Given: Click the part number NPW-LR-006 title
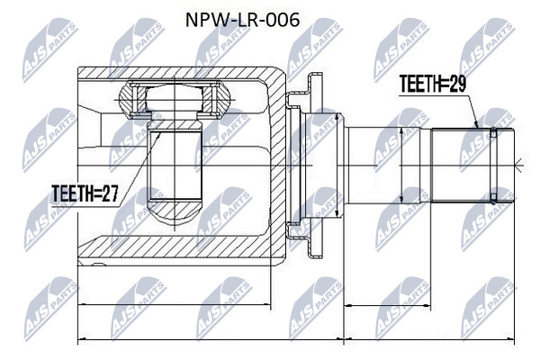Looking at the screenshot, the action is [x=242, y=20].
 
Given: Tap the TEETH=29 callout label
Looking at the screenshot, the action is [x=433, y=84].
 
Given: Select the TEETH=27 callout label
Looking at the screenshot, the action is [x=85, y=193].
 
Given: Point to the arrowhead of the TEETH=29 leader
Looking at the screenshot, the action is [x=476, y=125].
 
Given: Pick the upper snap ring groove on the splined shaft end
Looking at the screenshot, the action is [x=494, y=132].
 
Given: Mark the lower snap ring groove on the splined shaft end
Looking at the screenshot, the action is [x=494, y=198].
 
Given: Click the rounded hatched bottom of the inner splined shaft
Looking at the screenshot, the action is [x=175, y=211].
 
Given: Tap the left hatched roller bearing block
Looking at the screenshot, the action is [x=130, y=97].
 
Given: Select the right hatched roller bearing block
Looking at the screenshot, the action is [x=216, y=97].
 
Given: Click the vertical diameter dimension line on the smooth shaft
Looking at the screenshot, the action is [x=400, y=166].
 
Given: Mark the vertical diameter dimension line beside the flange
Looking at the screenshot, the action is [x=337, y=166].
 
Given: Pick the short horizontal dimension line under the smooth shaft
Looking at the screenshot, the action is [x=388, y=305].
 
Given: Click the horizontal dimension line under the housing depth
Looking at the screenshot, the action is [x=175, y=304].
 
